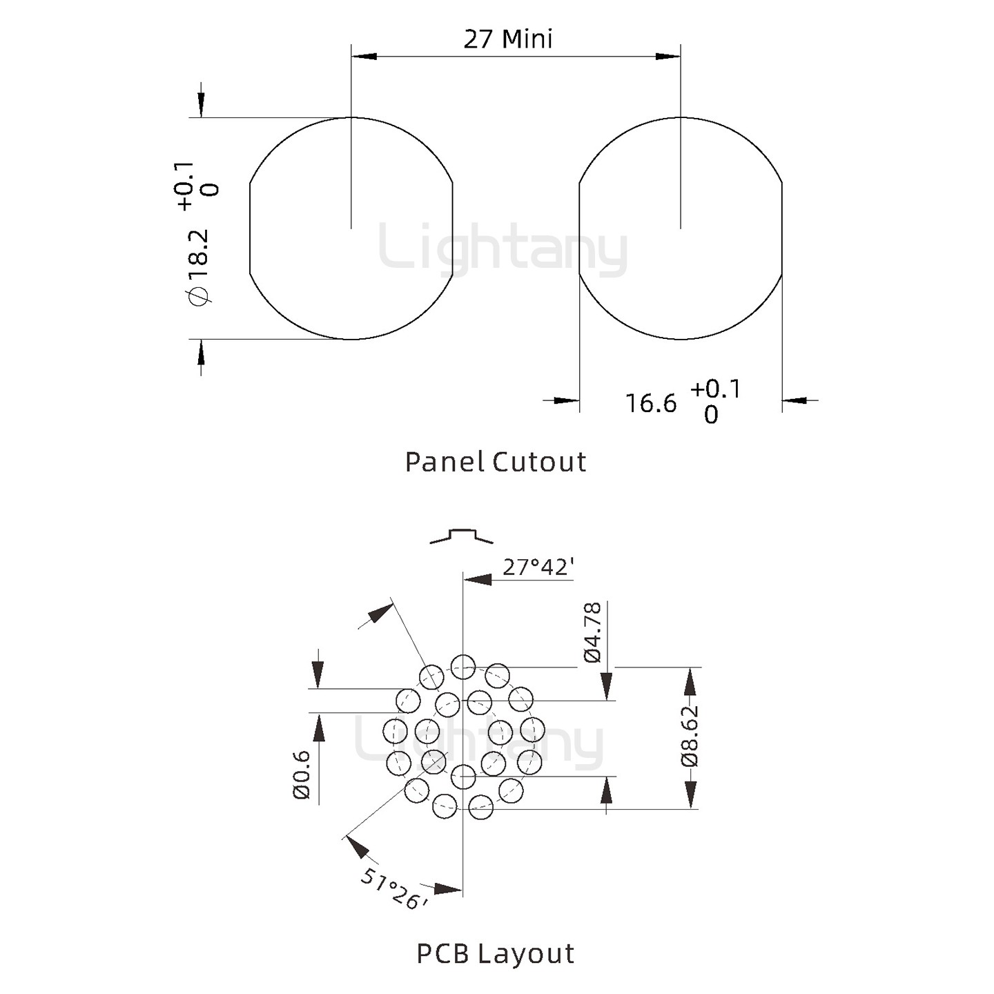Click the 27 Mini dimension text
tap(508, 39)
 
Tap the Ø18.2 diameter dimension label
tap(199, 267)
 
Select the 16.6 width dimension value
tap(650, 403)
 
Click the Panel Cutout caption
tap(496, 462)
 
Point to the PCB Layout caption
tap(495, 953)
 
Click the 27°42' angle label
tap(538, 567)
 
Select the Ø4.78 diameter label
tap(593, 632)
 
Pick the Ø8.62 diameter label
tap(690, 736)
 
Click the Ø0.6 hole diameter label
tap(302, 775)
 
